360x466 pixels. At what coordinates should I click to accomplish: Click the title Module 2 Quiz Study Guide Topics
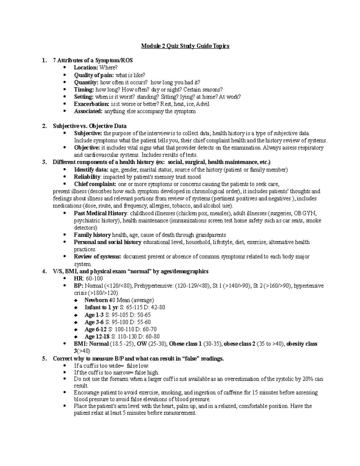[x=185, y=46]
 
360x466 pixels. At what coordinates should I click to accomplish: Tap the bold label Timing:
[x=84, y=90]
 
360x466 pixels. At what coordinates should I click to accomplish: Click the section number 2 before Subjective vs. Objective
[x=44, y=126]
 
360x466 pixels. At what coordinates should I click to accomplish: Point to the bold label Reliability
[x=87, y=177]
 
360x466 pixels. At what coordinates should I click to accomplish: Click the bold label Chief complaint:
[x=95, y=184]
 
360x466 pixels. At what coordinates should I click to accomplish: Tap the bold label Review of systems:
[x=97, y=257]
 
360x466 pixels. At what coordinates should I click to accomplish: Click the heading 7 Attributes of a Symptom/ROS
[x=93, y=61]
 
